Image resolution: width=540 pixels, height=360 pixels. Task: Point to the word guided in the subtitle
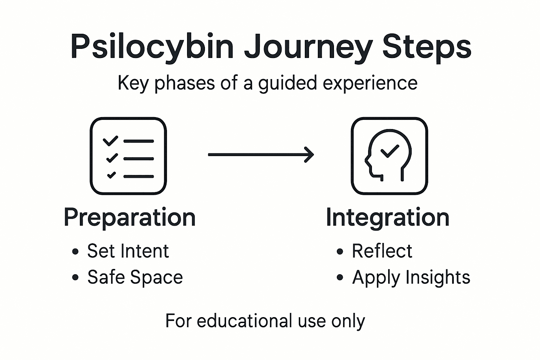tap(288, 84)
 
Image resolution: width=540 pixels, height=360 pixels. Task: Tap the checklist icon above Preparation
tap(128, 156)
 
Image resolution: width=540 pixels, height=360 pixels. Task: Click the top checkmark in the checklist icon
tap(110, 141)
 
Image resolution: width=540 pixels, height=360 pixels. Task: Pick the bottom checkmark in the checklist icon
tap(111, 175)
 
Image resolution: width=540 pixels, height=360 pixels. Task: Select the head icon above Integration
tap(389, 156)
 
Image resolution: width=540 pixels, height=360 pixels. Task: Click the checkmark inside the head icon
tap(390, 151)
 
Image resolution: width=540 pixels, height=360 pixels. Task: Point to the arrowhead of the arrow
tap(309, 155)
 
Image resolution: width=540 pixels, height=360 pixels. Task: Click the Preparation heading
tap(130, 217)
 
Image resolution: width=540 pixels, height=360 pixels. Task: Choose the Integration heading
tap(387, 217)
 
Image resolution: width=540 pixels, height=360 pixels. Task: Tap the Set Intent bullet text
tap(128, 251)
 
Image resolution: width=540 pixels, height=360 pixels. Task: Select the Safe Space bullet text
tap(135, 277)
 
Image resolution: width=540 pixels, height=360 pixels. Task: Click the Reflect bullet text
tap(382, 251)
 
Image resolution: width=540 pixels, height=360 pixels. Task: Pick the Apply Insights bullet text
tap(411, 277)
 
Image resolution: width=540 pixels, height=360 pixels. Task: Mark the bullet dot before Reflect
tap(340, 252)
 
